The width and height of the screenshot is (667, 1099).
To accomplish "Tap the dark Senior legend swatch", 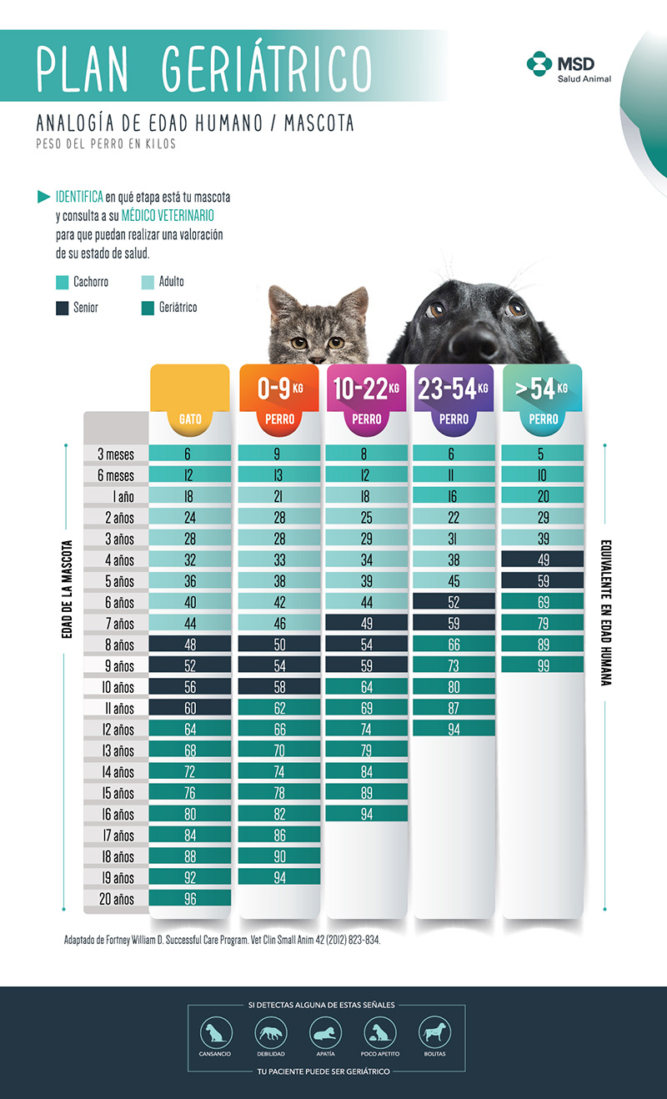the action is tap(63, 309).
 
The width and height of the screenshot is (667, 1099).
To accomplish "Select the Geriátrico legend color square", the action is tap(148, 309).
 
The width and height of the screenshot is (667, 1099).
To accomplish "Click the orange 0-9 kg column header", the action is tap(279, 400).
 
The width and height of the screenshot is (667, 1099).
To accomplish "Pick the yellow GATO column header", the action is tap(190, 400).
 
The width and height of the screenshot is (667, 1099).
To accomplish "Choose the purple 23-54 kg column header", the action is tap(454, 400).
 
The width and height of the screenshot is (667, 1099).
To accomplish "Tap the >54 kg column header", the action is tap(543, 400).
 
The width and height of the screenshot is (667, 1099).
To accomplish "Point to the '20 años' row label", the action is tap(116, 900).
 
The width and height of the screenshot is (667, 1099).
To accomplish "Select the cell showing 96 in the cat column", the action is tap(190, 898).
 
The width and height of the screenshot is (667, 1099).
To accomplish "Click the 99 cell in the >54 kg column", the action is tap(543, 665).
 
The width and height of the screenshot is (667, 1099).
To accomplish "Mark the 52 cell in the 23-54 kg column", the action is tap(454, 601).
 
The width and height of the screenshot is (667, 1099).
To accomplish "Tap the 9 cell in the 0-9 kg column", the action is tap(279, 454).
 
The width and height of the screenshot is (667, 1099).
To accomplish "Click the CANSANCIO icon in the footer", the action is tap(216, 1033).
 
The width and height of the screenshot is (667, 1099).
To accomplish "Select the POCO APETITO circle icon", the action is tap(380, 1033).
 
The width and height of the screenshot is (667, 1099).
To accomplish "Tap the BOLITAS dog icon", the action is tap(434, 1033).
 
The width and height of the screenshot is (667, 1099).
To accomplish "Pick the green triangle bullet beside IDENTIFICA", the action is tap(43, 197).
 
